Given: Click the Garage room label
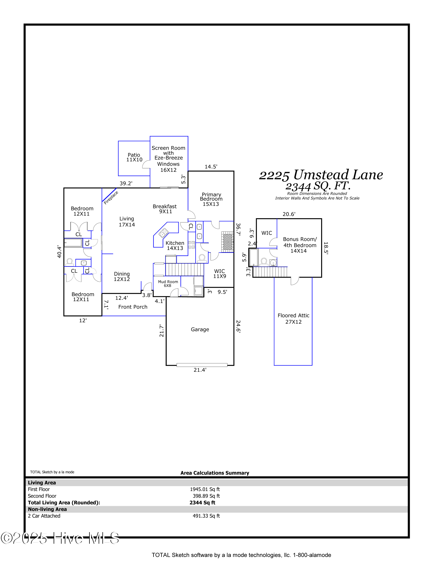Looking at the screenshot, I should point(200,329).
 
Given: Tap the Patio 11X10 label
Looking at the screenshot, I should point(134,157).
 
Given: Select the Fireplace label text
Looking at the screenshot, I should point(111,197).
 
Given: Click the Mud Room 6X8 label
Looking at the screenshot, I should point(168,283).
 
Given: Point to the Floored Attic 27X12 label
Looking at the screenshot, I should point(293,319).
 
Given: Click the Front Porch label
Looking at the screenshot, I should point(133,307).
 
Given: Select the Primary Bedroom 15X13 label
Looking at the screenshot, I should point(211,199).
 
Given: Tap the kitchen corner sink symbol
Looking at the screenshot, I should point(164,233).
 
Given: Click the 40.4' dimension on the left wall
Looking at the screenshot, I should point(59,251).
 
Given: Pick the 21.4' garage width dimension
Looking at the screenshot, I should point(200,370).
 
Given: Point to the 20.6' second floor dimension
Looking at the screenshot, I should point(289,214).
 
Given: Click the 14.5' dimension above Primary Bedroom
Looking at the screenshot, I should point(211,167).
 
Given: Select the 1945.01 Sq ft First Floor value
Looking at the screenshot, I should point(205,489).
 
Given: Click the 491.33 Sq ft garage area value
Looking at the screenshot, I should point(206,516).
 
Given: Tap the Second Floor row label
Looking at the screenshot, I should point(42,496).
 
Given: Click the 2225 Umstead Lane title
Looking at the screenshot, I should point(321,175).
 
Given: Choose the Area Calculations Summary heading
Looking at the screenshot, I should point(215,473).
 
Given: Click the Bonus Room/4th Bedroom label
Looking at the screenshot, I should point(300,245).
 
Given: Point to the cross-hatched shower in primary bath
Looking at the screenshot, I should point(227,242).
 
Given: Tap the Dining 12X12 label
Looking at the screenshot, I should point(122,276).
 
